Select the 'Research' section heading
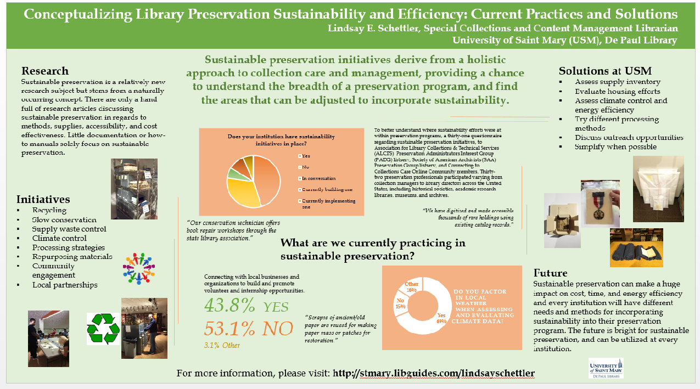coord(45,71)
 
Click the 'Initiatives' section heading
coord(43,199)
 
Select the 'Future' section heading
coord(551,273)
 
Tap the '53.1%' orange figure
coord(230,328)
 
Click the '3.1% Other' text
coord(222,345)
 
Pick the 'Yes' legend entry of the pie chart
coord(306,155)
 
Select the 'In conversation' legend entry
coord(318,178)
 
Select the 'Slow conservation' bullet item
coord(64,219)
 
